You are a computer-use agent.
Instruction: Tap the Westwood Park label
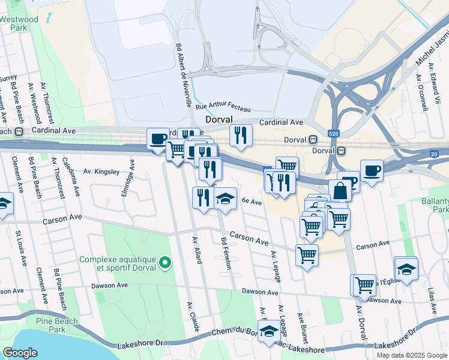tap(19, 23)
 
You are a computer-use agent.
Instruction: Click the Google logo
tap(20, 353)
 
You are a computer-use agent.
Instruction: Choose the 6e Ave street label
tap(252, 202)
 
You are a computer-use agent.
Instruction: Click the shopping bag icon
tap(340, 191)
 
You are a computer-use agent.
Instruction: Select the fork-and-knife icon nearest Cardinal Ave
tap(241, 135)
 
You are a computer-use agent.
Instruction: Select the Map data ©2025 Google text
tap(412, 355)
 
